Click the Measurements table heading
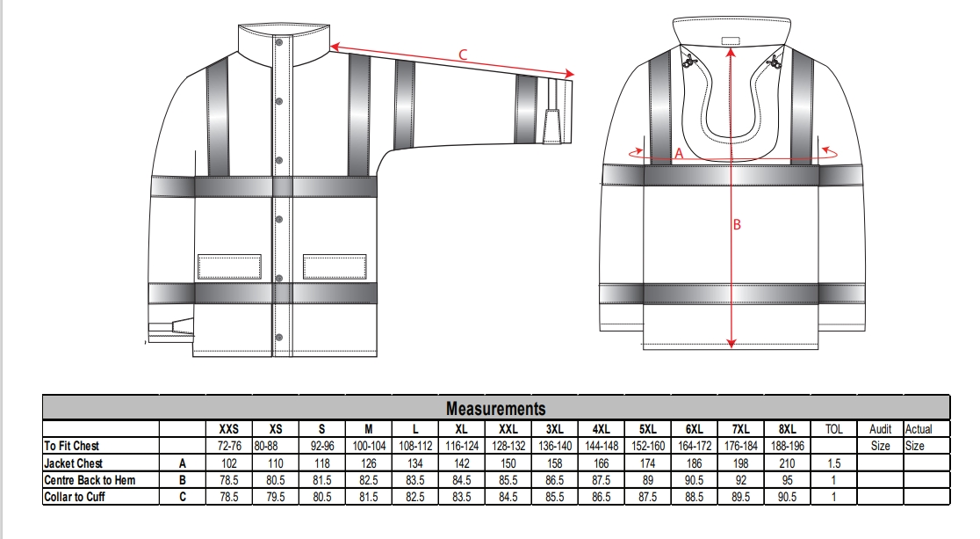tap(495, 408)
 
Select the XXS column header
tap(228, 429)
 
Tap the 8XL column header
tap(788, 429)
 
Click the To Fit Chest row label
tap(74, 446)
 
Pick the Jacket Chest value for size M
tap(368, 463)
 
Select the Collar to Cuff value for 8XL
tap(788, 497)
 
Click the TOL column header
tap(834, 429)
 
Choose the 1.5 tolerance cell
tap(834, 463)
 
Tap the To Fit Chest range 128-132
tap(508, 446)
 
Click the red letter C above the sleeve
tap(463, 55)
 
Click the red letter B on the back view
tap(737, 225)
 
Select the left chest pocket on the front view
tap(229, 266)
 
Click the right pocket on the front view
tap(334, 266)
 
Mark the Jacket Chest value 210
tap(788, 463)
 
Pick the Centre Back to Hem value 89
tap(648, 480)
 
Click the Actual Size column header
tap(919, 437)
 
